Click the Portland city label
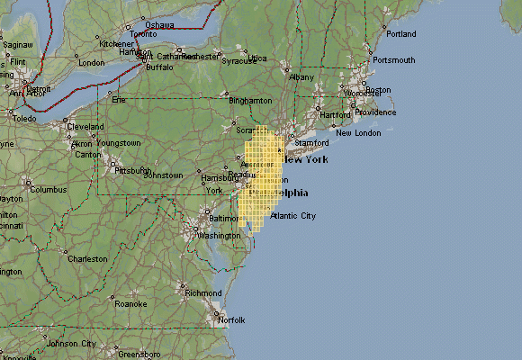pyautogui.click(x=401, y=34)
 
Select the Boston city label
pyautogui.click(x=378, y=90)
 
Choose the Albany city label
pyautogui.click(x=301, y=77)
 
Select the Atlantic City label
pyautogui.click(x=293, y=216)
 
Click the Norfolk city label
pyautogui.click(x=230, y=319)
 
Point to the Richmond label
pyautogui.click(x=202, y=292)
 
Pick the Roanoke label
pyautogui.click(x=130, y=304)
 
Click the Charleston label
pyautogui.click(x=87, y=259)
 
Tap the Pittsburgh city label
pyautogui.click(x=132, y=169)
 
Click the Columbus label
pyautogui.click(x=49, y=190)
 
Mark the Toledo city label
pyautogui.click(x=24, y=119)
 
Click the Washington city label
pyautogui.click(x=219, y=236)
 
